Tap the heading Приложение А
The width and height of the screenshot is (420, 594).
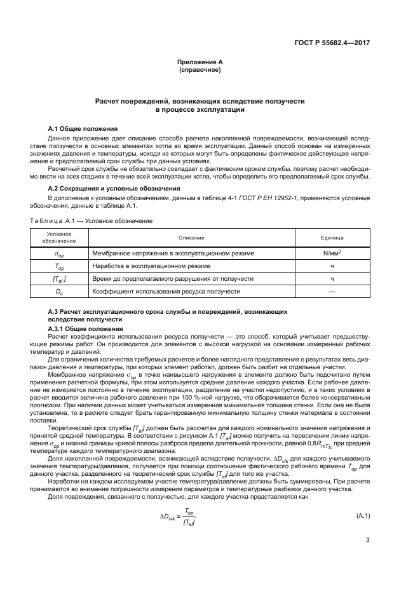pyautogui.click(x=200, y=62)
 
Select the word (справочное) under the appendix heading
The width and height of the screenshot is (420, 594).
pyautogui.click(x=200, y=69)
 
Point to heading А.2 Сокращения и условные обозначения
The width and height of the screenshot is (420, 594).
pyautogui.click(x=114, y=189)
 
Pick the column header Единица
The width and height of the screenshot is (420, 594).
pyautogui.click(x=331, y=238)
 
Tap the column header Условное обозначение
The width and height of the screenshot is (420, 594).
pyautogui.click(x=58, y=238)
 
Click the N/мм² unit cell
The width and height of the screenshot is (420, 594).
pyautogui.click(x=331, y=253)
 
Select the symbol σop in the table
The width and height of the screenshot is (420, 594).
pyautogui.click(x=58, y=253)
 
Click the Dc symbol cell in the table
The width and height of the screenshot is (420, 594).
pyautogui.click(x=58, y=292)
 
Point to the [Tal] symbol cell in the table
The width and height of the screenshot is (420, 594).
pyautogui.click(x=58, y=279)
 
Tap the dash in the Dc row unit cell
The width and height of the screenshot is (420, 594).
pyautogui.click(x=331, y=292)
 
